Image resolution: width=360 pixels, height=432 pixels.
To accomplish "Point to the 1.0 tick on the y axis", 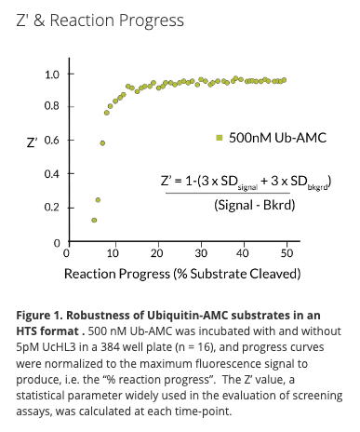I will point(53,74).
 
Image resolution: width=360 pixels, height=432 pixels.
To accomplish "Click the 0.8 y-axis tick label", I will point(53,107).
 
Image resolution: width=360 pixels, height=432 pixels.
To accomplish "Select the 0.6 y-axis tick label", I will point(53,141).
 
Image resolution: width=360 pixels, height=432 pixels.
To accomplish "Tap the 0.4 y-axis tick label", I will point(53,174).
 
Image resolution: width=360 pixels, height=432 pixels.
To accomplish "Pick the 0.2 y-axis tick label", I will point(53,208).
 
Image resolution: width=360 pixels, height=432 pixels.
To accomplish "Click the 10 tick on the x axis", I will point(111,253).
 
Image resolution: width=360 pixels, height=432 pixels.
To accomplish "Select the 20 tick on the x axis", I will point(155,253).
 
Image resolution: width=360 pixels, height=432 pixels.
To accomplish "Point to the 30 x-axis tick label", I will point(200,253).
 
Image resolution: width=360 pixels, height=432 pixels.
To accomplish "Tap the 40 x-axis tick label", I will point(245,253).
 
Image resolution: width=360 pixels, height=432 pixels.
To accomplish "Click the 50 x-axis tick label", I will point(288,253).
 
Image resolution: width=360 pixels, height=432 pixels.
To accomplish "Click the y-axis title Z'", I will point(32,142).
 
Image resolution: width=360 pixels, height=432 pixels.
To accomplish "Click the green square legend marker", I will point(220,139).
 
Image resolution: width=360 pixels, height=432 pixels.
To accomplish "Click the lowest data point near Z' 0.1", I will point(94,221).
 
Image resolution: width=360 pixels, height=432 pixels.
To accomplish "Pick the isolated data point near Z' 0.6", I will point(102,143).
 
